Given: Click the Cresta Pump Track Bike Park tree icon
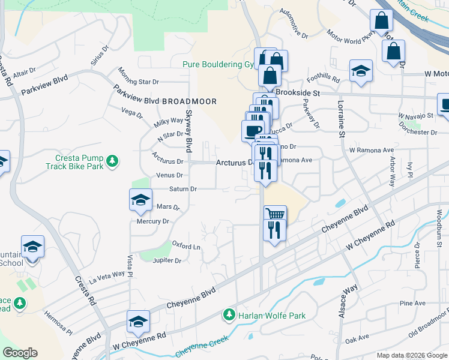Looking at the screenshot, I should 112,161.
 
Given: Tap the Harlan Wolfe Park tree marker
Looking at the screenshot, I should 228,315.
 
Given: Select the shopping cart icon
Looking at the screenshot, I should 275,215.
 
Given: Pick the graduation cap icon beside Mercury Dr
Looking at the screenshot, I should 140,200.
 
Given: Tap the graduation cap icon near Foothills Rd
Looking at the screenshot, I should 361,72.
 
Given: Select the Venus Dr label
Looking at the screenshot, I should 170,175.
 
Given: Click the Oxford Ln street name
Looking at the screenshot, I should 186,247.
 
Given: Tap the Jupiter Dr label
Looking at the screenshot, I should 167,260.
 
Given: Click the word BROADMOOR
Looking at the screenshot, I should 189,101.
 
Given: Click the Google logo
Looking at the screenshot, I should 20,353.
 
